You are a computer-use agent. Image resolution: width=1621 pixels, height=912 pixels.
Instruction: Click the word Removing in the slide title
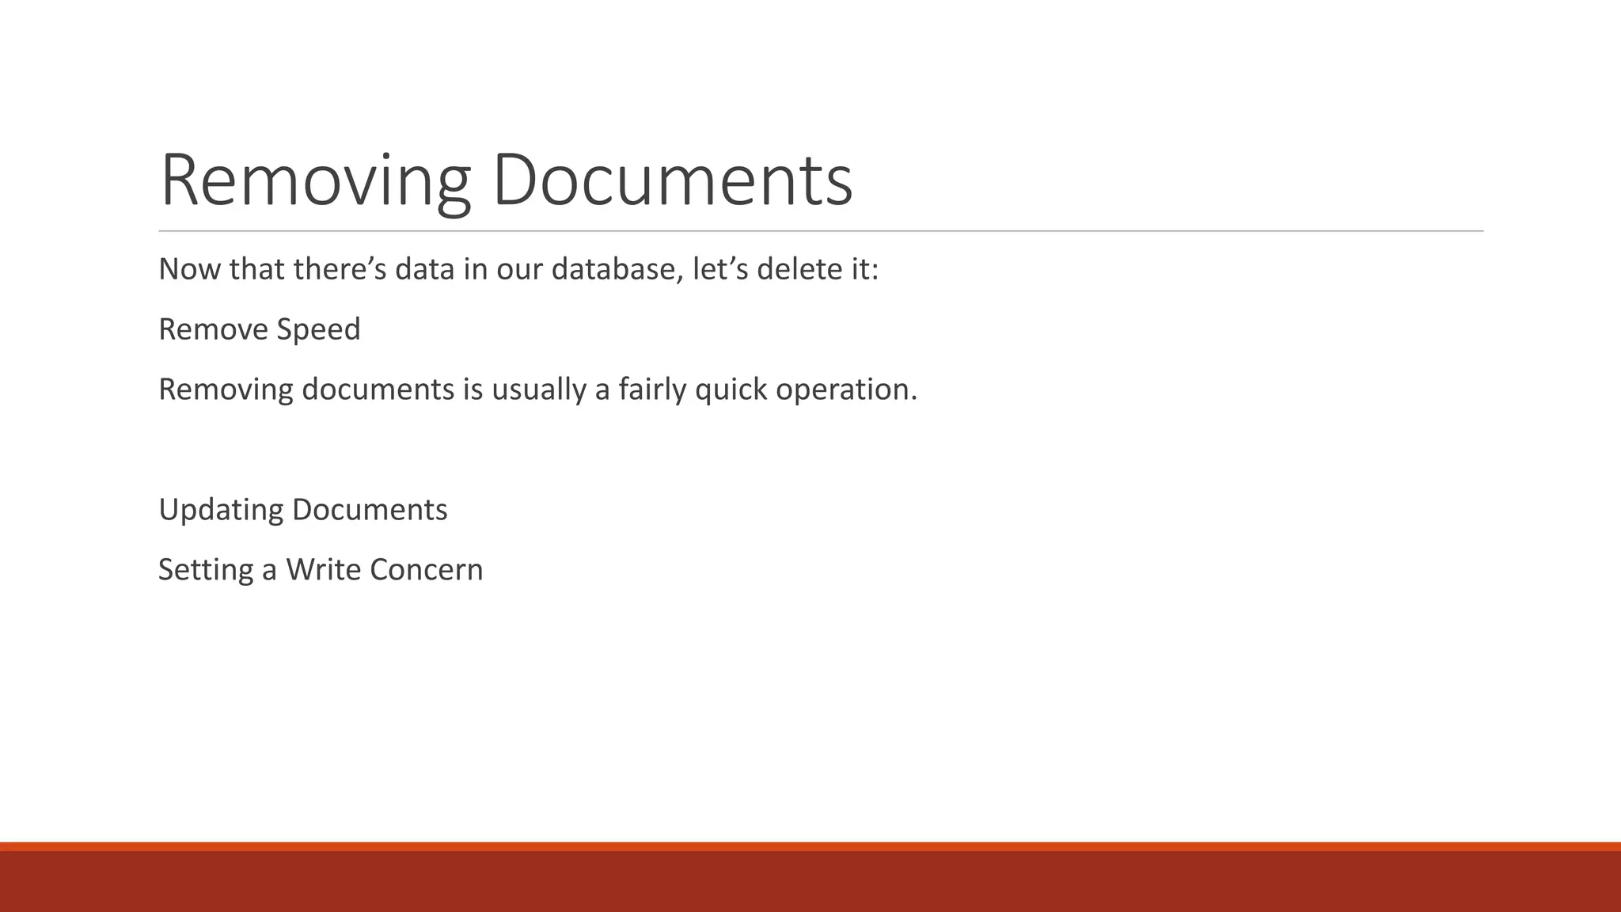315,180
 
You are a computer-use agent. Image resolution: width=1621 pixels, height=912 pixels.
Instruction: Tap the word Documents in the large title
672,180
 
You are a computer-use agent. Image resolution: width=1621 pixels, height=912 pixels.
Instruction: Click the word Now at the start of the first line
190,269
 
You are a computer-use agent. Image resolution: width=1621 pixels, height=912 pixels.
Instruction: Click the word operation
846,389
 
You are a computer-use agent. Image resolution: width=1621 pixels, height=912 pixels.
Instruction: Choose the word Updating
221,510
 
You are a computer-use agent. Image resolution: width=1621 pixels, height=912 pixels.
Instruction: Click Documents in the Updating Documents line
370,510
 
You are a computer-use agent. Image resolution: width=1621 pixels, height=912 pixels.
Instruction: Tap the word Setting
206,570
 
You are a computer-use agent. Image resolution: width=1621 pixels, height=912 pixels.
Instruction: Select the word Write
323,570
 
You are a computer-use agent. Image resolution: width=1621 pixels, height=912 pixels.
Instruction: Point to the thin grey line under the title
821,231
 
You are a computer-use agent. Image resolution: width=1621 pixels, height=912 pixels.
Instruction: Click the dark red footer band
810,880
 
